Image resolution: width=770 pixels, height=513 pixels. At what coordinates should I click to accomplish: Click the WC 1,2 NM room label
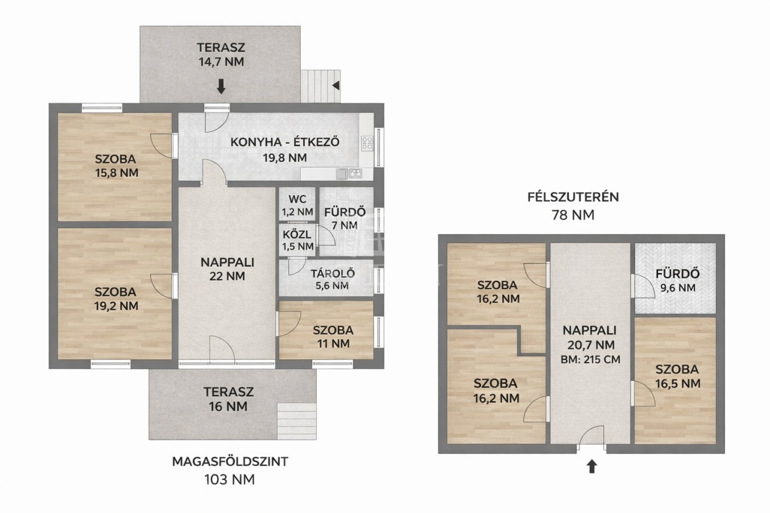tap(297, 206)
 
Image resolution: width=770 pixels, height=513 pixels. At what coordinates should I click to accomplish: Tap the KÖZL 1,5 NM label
tap(298, 240)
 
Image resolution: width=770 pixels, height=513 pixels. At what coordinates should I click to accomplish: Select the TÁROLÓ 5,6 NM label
tap(333, 279)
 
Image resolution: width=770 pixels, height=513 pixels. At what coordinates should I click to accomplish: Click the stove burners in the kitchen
tap(367, 143)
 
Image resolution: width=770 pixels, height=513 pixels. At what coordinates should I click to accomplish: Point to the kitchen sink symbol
tap(355, 174)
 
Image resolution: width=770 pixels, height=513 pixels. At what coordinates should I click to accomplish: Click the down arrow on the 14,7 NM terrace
tap(221, 86)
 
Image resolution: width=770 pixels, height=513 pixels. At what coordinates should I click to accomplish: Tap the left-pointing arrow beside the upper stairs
tap(336, 85)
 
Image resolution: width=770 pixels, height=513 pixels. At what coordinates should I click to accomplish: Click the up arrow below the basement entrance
tap(591, 467)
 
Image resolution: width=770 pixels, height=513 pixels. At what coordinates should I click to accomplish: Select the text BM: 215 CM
tap(590, 360)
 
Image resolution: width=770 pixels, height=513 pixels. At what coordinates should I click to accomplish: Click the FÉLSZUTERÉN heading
tap(573, 197)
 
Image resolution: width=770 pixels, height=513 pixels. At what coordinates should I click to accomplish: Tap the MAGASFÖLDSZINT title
tap(230, 461)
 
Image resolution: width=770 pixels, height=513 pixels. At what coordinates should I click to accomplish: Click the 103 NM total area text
tap(230, 479)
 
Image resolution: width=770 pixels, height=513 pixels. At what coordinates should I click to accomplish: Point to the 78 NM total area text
tap(573, 215)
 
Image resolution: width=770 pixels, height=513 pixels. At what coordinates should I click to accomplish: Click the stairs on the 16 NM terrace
tap(297, 421)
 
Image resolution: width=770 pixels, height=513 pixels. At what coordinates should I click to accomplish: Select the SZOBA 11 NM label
tap(333, 337)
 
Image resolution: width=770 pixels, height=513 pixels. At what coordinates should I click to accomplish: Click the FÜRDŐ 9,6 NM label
tap(677, 281)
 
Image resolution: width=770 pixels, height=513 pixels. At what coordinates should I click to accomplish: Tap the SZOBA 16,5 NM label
tap(677, 376)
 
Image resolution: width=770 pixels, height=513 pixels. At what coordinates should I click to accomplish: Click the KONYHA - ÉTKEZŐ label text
tap(285, 142)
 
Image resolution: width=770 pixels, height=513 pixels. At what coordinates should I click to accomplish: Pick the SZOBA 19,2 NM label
tap(116, 298)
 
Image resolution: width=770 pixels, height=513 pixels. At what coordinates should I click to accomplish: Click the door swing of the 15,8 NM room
tap(161, 146)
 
